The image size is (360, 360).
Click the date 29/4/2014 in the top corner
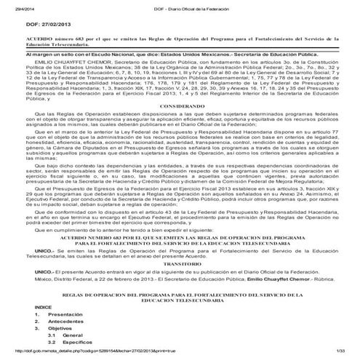[13, 7]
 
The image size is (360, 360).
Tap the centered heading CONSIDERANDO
[181, 105]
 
